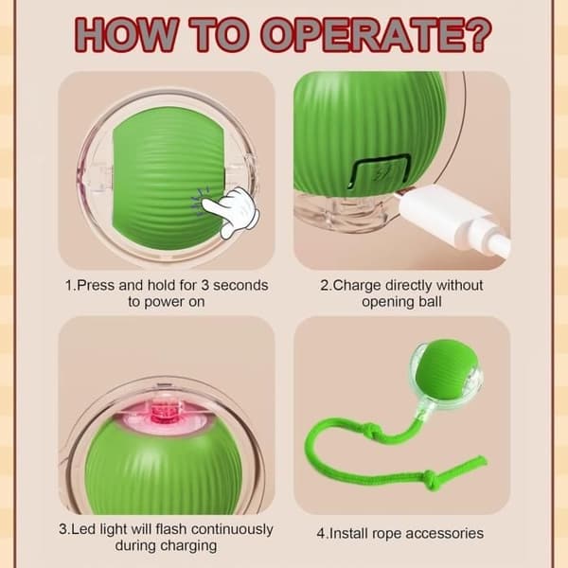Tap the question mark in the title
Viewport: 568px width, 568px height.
point(477,34)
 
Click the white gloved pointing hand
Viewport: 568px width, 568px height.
point(233,211)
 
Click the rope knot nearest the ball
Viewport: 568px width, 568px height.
point(374,430)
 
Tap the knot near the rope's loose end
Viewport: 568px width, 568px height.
point(430,477)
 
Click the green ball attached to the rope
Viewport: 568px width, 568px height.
point(448,369)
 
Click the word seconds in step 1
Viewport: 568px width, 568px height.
point(240,286)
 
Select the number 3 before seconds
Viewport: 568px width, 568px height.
point(204,286)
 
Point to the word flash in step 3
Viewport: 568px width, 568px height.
point(171,529)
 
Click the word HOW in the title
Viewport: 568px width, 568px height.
point(127,35)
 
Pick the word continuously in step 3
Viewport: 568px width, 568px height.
point(232,529)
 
